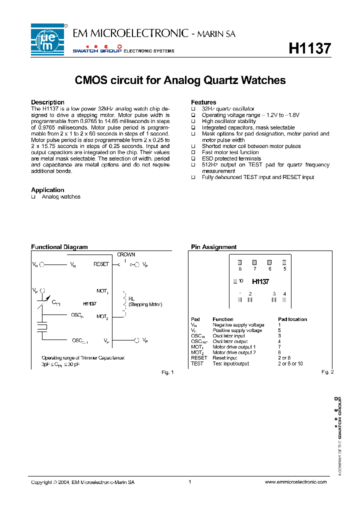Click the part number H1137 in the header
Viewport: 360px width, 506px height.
pos(310,48)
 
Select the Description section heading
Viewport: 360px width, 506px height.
pos(47,102)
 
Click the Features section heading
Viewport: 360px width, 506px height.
pos(203,102)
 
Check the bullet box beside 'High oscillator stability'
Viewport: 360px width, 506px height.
pos(193,121)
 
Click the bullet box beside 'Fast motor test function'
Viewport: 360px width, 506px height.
pos(193,152)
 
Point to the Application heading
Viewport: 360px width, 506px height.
pos(47,190)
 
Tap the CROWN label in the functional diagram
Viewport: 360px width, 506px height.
pos(126,254)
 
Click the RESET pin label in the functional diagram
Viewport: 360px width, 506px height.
pos(101,264)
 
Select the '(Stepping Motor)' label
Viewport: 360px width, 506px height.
pos(145,304)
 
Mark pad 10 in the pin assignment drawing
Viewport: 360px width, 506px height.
pos(235,281)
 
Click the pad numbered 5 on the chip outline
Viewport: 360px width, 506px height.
pos(284,262)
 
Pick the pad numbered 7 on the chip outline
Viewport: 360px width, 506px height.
pos(254,262)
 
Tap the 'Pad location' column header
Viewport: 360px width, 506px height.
pos(292,319)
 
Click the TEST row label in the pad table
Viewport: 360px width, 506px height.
pos(197,363)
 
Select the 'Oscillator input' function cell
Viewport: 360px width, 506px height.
pos(228,336)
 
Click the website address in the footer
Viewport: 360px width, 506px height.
pos(295,482)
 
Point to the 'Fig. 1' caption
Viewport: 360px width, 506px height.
pos(167,372)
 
